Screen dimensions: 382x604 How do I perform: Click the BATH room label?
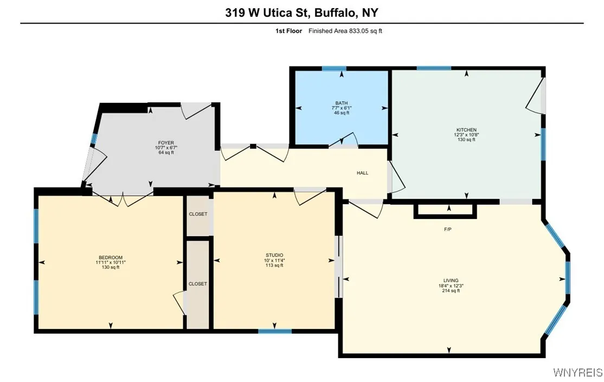coord(342,103)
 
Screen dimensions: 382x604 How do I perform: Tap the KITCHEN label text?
coord(466,130)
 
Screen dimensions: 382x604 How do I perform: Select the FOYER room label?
coord(162,143)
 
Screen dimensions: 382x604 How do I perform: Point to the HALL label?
coord(363,173)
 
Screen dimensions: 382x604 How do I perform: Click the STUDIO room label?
coord(274,255)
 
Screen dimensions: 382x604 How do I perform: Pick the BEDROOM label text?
coord(111,257)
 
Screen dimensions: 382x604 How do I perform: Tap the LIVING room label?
coord(451,281)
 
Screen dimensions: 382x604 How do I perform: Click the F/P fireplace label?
coord(448,229)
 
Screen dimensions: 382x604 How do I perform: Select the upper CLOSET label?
coord(198,214)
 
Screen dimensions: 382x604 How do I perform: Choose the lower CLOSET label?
coord(198,284)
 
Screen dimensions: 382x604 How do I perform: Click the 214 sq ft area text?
coord(451,291)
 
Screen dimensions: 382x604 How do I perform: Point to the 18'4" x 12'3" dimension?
coord(451,286)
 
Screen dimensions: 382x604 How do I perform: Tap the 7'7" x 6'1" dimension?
coord(342,108)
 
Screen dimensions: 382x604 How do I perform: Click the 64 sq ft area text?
coord(162,152)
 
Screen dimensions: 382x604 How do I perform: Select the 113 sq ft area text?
coord(274,265)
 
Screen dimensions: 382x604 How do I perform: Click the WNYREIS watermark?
coord(577,372)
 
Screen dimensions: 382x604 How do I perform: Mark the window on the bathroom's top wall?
coord(334,68)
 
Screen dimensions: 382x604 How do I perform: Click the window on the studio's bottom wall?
coord(275,331)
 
